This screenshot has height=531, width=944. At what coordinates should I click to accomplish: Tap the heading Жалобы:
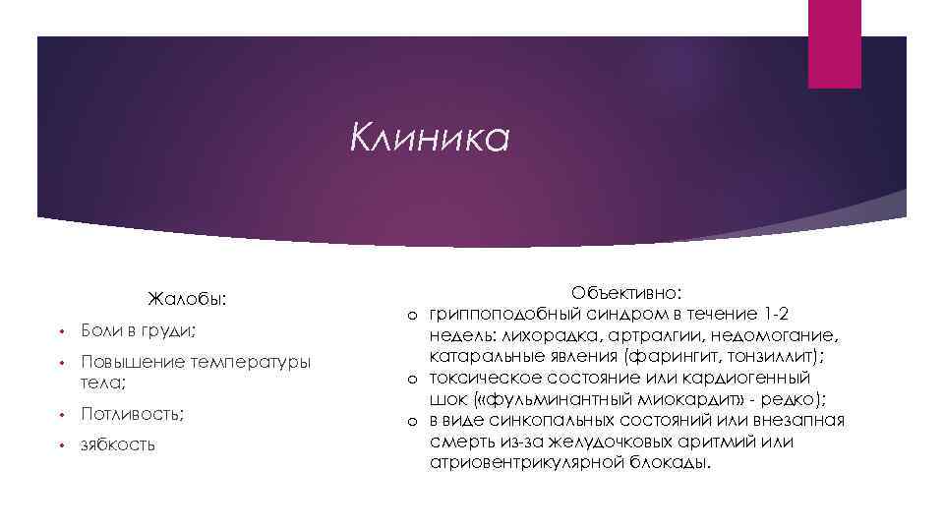[x=187, y=297]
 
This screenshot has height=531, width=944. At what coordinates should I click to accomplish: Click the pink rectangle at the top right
[x=835, y=43]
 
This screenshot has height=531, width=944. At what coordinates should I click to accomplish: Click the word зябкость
[x=118, y=444]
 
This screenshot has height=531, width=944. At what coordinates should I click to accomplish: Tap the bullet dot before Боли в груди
[x=60, y=331]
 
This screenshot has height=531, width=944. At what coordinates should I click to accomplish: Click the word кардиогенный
[x=746, y=377]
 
